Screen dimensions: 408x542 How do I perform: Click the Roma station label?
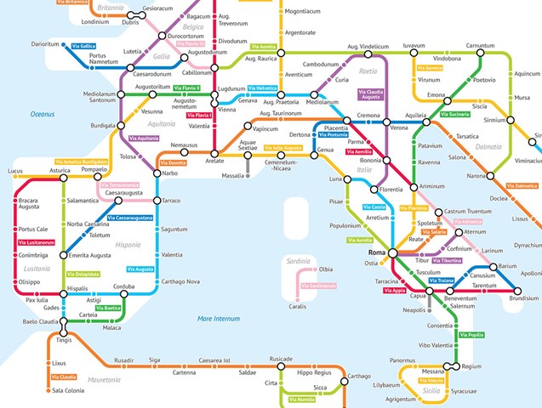point(376,253)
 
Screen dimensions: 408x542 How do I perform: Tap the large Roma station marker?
point(392,253)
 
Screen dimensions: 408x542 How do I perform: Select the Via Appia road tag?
point(395,291)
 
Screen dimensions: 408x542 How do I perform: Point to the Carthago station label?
point(358,376)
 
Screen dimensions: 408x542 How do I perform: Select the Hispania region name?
point(128,245)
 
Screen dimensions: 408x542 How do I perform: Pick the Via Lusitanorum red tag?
point(36,243)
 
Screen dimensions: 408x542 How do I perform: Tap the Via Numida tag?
point(301,399)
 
